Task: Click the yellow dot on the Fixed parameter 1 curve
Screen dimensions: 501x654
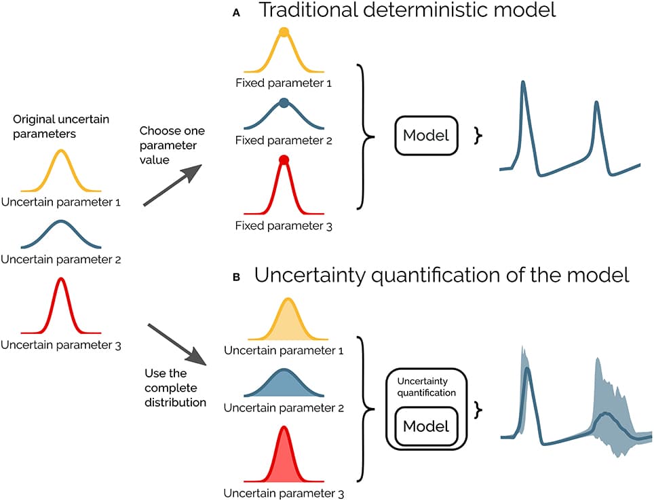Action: click(284, 32)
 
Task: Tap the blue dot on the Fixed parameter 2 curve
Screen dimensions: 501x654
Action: click(284, 103)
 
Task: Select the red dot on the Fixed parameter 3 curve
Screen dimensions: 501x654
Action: click(284, 160)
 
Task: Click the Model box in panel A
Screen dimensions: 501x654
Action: click(426, 135)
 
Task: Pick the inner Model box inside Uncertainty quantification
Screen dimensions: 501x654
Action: click(426, 426)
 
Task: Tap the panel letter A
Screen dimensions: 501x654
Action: click(235, 13)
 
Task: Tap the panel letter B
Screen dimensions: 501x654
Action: click(235, 278)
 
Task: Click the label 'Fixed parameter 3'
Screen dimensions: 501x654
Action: click(284, 225)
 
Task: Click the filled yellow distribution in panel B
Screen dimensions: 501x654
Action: click(288, 322)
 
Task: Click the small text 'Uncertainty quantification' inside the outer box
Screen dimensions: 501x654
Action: click(426, 388)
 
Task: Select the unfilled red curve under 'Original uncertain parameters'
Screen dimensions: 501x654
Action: click(61, 305)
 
